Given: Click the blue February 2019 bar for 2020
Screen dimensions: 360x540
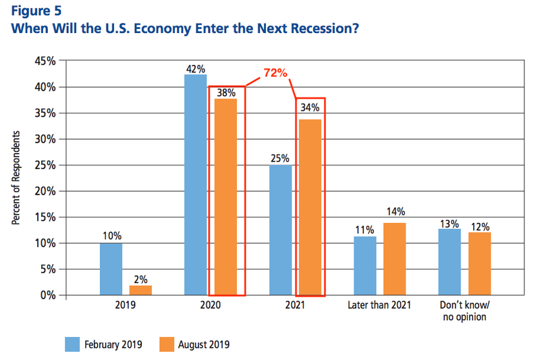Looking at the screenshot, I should [195, 184].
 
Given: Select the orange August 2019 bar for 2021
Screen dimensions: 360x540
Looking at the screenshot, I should [310, 207].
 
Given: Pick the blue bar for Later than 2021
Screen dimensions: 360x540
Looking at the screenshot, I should [365, 266].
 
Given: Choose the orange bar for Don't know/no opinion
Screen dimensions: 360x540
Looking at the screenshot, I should [480, 264].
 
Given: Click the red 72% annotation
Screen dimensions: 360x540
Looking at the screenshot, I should [275, 73].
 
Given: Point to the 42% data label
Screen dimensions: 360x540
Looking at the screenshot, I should [196, 68].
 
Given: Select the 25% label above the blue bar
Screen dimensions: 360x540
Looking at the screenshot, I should [280, 158].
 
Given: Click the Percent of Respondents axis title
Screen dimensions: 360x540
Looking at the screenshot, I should [16, 178].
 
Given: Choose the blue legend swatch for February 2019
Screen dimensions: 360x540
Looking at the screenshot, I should [72, 344].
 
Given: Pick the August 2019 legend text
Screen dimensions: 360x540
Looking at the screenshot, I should [202, 344].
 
